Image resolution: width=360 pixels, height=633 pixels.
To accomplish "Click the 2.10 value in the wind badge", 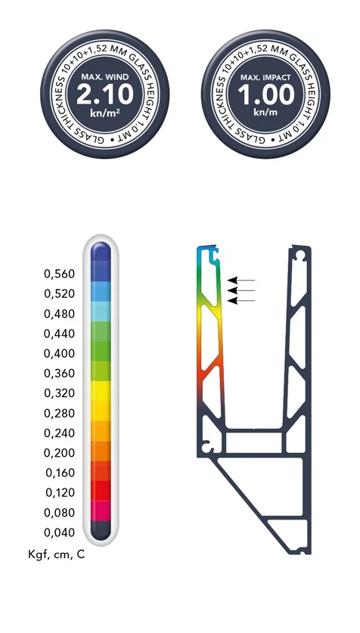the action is point(104,95).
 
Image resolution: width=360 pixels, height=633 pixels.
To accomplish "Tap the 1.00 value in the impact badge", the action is point(266,95).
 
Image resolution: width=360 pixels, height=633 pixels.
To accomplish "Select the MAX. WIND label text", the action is point(105,76).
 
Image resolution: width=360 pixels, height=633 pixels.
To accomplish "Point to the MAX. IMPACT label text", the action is point(265,76).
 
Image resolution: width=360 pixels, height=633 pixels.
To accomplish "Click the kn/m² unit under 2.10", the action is point(105,113).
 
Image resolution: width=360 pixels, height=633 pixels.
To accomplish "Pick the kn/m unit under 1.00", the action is point(265,112).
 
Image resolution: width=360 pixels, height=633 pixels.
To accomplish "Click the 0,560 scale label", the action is point(59,274).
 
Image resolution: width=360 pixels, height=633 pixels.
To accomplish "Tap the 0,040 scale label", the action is point(59,532).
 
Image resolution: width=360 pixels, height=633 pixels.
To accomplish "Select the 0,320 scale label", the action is point(59,393).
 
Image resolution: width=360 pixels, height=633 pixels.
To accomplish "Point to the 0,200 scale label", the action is point(59,453).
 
